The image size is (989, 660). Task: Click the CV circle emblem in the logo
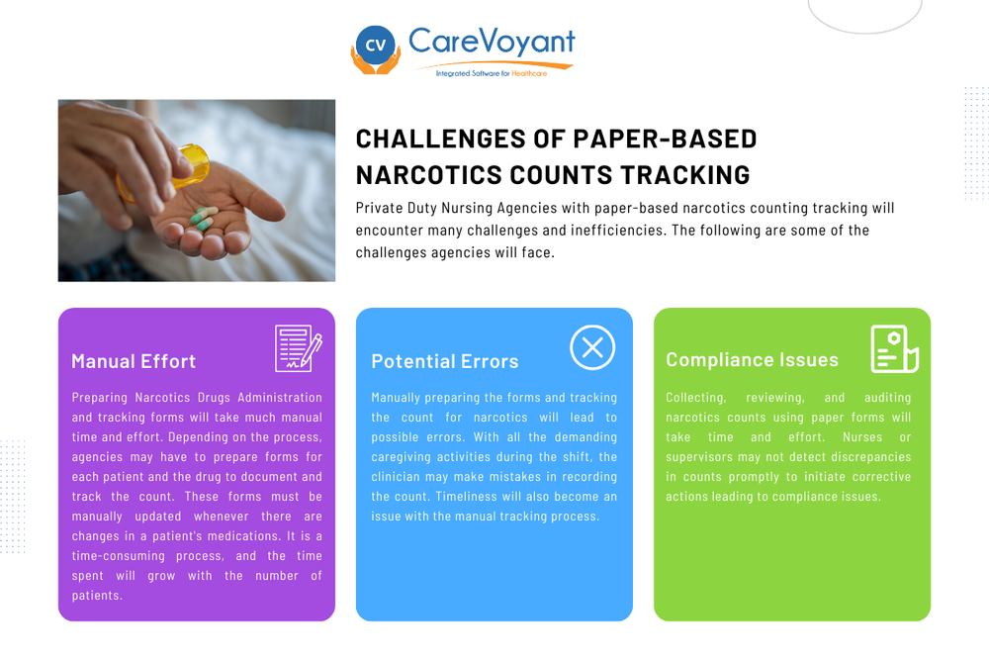pyautogui.click(x=375, y=45)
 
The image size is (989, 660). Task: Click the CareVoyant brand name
pyautogui.click(x=492, y=42)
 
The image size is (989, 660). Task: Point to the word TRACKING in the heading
pyautogui.click(x=684, y=175)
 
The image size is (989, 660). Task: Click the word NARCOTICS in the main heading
pyautogui.click(x=430, y=175)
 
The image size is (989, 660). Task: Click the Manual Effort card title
pyautogui.click(x=134, y=361)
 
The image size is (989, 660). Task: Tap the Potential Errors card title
pyautogui.click(x=445, y=361)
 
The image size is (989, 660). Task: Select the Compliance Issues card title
pyautogui.click(x=752, y=359)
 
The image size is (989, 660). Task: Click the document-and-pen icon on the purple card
pyautogui.click(x=297, y=348)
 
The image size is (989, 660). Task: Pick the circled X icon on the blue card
pyautogui.click(x=592, y=347)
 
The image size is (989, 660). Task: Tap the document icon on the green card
pyautogui.click(x=894, y=348)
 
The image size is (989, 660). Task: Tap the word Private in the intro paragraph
pyautogui.click(x=379, y=209)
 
